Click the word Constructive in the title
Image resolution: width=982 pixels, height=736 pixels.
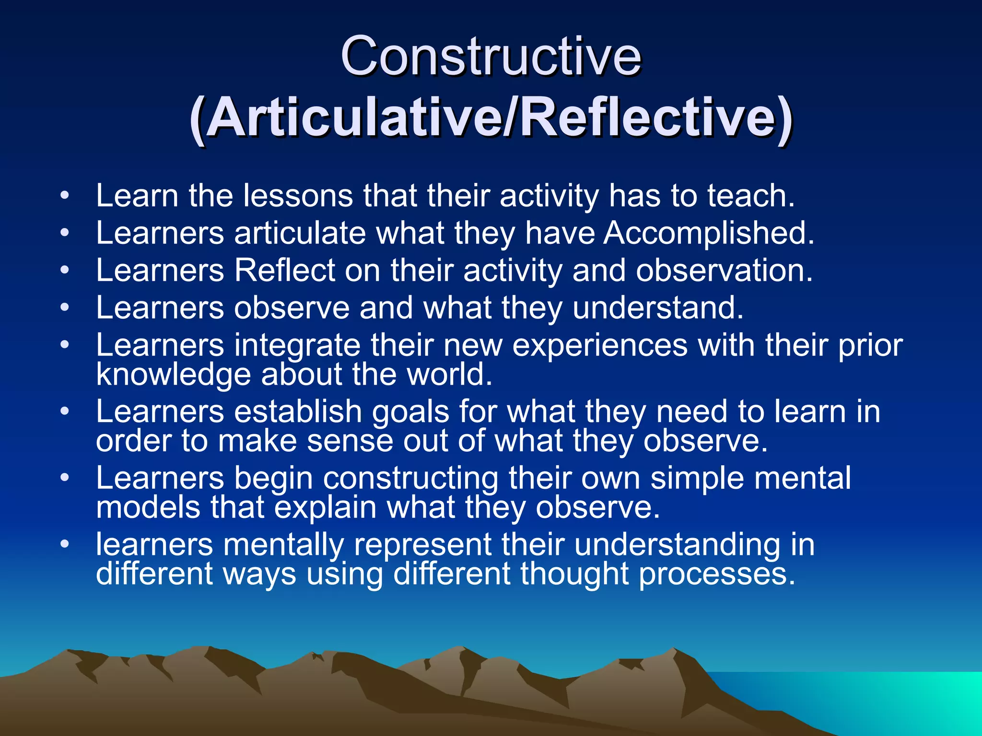pyautogui.click(x=491, y=57)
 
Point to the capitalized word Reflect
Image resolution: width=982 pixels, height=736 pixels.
pyautogui.click(x=285, y=270)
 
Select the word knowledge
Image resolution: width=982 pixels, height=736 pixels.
pyautogui.click(x=173, y=374)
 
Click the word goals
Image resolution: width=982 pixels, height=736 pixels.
pyautogui.click(x=410, y=413)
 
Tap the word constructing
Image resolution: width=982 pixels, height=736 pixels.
pyautogui.click(x=410, y=479)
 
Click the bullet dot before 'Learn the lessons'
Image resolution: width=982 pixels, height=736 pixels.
pyautogui.click(x=65, y=196)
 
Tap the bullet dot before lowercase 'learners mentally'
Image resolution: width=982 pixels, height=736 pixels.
pyautogui.click(x=65, y=544)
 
